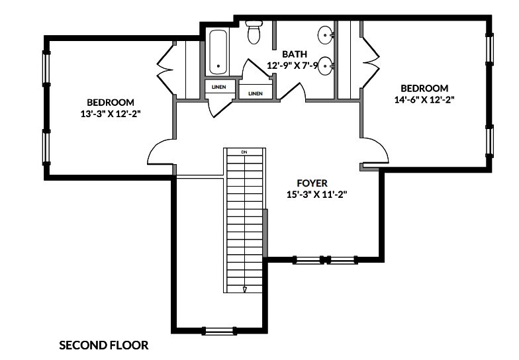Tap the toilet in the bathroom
point(254,32)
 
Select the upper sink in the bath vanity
point(325,33)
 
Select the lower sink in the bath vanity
point(325,65)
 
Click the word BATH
point(294,54)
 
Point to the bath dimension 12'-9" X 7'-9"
point(299,66)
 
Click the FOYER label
point(312,183)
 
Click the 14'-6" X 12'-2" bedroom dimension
point(424,99)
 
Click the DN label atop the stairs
point(244,152)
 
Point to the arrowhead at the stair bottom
point(244,289)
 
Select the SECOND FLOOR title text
point(104,345)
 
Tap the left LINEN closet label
point(218,87)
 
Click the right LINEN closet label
point(255,93)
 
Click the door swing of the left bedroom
point(160,153)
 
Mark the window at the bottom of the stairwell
point(219,330)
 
